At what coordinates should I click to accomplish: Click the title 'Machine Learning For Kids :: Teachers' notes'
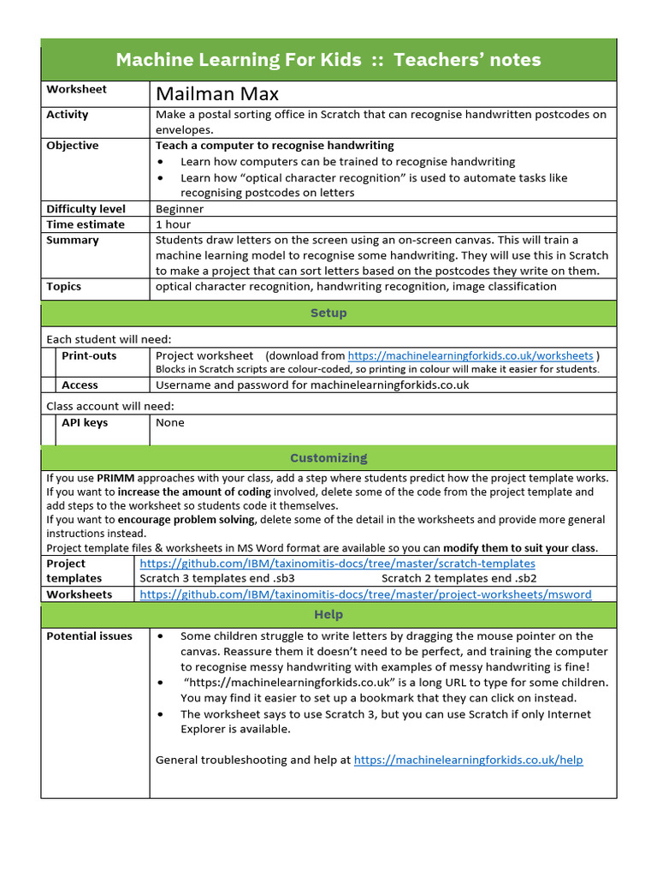328,60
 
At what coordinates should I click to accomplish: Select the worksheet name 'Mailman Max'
216,93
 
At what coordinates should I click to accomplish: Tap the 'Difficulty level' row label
86,209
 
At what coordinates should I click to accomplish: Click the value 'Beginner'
180,209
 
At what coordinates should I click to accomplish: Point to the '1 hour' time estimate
173,224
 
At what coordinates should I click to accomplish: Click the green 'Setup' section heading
328,313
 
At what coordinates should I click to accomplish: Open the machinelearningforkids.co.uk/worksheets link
470,355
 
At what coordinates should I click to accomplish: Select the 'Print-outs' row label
89,355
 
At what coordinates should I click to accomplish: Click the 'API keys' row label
85,423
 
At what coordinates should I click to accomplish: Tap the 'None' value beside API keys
169,423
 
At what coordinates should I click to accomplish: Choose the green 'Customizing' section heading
328,458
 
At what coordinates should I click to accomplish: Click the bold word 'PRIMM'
115,478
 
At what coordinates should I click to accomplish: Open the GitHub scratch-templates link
337,564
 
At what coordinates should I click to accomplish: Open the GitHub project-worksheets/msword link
365,594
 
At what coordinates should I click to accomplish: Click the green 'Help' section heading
328,615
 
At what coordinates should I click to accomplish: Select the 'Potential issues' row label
89,636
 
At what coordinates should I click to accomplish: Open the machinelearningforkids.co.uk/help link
468,760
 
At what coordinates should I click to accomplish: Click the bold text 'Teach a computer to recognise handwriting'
275,146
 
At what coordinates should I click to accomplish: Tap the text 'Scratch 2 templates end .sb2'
459,579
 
